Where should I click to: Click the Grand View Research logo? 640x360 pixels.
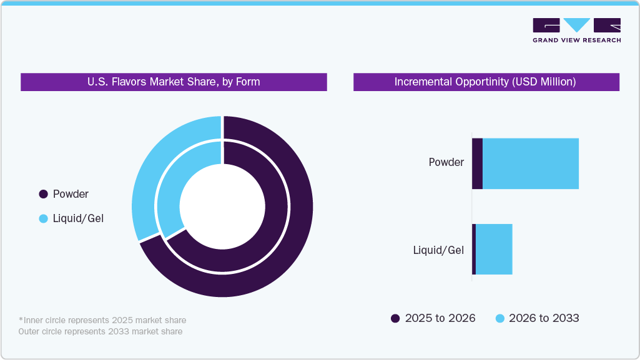click(x=576, y=30)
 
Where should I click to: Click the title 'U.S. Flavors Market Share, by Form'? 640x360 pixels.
click(x=174, y=82)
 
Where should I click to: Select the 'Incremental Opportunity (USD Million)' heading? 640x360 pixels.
click(x=486, y=82)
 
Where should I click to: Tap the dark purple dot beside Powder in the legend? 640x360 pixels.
click(x=43, y=194)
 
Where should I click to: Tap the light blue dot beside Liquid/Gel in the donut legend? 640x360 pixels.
click(x=43, y=218)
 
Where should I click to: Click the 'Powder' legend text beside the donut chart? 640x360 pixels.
click(x=71, y=194)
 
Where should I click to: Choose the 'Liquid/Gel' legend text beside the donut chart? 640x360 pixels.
click(x=78, y=218)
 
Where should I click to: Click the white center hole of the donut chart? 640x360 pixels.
click(x=222, y=206)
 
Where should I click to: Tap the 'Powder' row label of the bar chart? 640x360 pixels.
click(x=446, y=162)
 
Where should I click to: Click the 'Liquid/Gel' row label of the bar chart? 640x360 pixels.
click(x=438, y=250)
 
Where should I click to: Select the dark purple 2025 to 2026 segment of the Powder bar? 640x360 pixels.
click(x=477, y=163)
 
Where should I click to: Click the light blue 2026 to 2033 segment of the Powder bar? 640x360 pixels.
click(x=531, y=163)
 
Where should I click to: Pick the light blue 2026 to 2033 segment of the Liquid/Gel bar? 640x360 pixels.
click(x=494, y=249)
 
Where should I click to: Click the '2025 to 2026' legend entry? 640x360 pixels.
click(x=433, y=318)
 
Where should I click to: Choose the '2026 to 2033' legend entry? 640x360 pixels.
click(x=537, y=318)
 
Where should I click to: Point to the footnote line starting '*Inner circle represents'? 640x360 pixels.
click(x=102, y=320)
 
